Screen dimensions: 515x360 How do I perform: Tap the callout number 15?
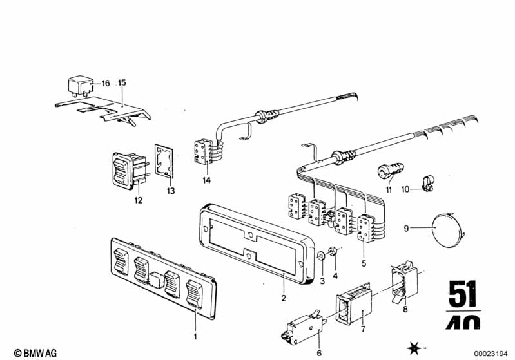click(x=122, y=82)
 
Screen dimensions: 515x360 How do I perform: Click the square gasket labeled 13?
click(x=164, y=160)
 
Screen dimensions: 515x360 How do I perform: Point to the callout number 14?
click(x=207, y=180)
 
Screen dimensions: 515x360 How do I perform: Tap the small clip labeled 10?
click(x=427, y=182)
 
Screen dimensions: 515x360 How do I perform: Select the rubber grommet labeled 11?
click(x=390, y=171)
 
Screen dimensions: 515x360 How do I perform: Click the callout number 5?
click(x=364, y=263)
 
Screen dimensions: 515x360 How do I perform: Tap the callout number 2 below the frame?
click(x=284, y=298)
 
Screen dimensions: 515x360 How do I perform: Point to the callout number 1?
click(x=195, y=337)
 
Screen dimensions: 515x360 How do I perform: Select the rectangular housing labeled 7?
click(x=353, y=304)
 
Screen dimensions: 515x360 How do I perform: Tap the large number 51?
click(x=463, y=294)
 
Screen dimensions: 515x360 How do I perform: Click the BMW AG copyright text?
click(x=35, y=353)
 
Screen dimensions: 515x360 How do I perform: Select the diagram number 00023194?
click(x=491, y=354)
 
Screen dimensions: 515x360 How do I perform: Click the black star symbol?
click(x=414, y=348)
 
